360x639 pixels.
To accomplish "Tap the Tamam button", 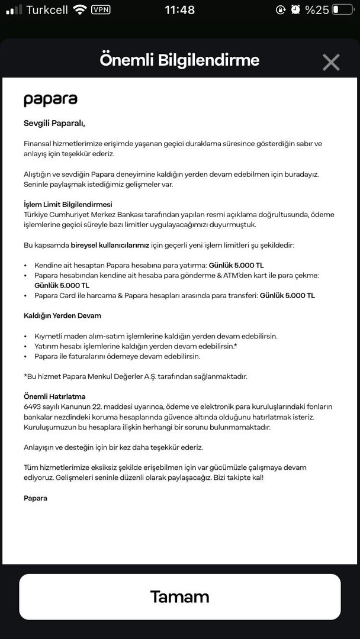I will point(179,596).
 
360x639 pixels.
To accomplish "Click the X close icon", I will point(330,62).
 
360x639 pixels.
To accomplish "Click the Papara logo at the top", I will point(50,99).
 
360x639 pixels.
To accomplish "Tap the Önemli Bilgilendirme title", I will point(179,60).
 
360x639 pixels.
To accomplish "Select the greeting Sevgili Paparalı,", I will point(54,124).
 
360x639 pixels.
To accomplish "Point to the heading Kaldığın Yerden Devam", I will point(62,315).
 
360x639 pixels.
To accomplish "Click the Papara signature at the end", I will point(36,498).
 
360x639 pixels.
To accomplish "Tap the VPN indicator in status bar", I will point(101,9).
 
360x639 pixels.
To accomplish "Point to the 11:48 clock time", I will point(179,10).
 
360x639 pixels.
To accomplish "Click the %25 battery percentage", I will point(317,10).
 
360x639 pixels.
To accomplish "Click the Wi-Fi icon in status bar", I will point(79,9).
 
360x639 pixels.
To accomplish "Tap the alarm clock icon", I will point(295,10).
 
